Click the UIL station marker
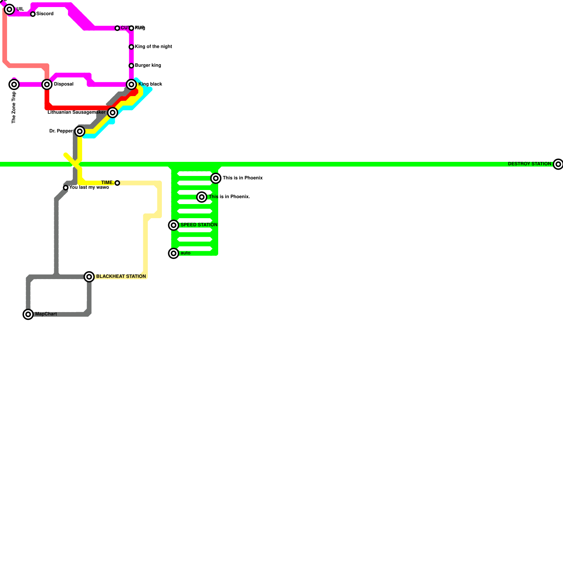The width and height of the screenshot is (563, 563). (x=10, y=10)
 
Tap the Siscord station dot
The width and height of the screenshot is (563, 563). (x=33, y=14)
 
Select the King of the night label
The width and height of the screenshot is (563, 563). (x=153, y=46)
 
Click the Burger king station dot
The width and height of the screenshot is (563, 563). (x=131, y=66)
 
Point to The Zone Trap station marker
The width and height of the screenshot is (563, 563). (x=14, y=84)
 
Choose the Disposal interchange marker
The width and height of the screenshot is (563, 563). (x=47, y=84)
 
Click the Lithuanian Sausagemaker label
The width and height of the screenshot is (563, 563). (x=76, y=112)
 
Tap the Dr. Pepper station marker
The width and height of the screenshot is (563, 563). (x=80, y=132)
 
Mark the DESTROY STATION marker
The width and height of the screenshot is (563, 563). (x=558, y=164)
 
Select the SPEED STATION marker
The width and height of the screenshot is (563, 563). (x=173, y=225)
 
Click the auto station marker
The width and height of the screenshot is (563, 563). (x=173, y=253)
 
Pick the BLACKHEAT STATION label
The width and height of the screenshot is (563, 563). (x=121, y=277)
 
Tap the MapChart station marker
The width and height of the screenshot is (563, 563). (x=28, y=314)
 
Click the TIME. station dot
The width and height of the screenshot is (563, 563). (x=117, y=183)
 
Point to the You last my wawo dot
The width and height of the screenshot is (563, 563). (x=66, y=188)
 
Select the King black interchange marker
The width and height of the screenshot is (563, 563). (x=131, y=84)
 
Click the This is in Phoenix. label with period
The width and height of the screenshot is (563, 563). (x=229, y=197)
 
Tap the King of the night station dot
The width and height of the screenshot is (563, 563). (x=131, y=47)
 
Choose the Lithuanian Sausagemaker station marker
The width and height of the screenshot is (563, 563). (x=113, y=113)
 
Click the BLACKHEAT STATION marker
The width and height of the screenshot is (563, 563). (x=89, y=277)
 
